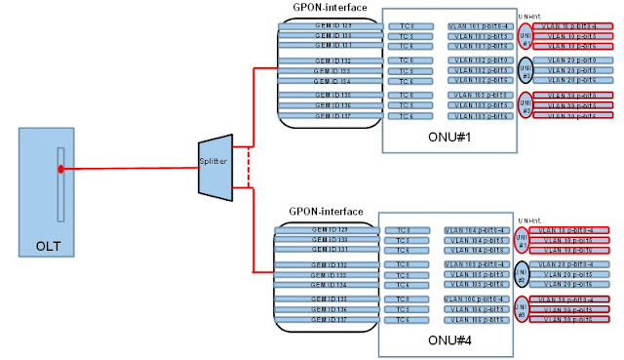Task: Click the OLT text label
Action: (61, 246)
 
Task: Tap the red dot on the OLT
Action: (60, 169)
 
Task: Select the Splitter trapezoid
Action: (213, 160)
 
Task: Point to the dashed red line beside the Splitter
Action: (251, 160)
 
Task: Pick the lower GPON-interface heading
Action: (327, 211)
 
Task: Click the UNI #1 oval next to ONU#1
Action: (526, 36)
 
